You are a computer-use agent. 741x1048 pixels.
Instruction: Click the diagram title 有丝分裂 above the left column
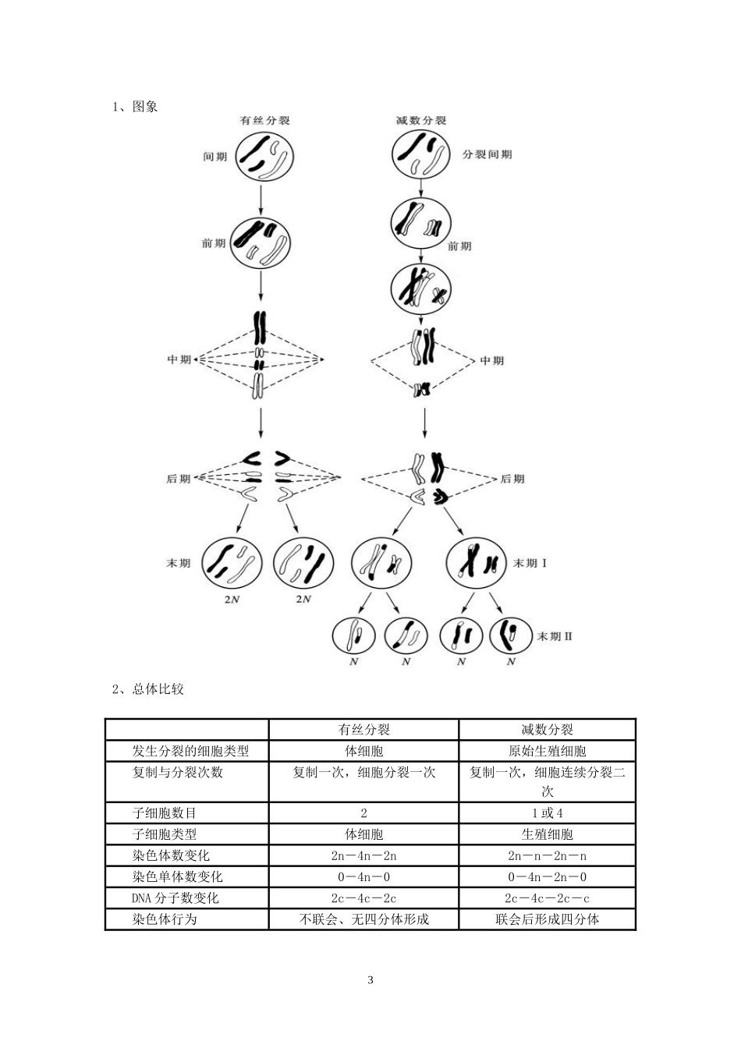(x=265, y=121)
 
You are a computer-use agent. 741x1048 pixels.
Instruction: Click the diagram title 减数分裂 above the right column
(x=421, y=121)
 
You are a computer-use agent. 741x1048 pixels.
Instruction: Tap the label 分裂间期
(x=487, y=154)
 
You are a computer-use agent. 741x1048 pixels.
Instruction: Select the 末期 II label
(x=555, y=636)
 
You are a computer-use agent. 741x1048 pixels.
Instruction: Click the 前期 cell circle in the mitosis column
(x=261, y=243)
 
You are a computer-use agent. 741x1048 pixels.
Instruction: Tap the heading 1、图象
(x=135, y=107)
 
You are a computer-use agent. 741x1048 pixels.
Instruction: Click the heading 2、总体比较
(x=147, y=689)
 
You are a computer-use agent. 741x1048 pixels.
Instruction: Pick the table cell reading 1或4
(x=547, y=813)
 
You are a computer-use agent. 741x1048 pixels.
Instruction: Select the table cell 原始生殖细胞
(x=547, y=751)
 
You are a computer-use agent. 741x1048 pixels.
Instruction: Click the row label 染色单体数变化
(x=177, y=876)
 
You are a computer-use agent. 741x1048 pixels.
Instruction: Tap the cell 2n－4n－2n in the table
(x=363, y=855)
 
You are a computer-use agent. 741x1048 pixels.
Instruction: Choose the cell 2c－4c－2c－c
(x=547, y=898)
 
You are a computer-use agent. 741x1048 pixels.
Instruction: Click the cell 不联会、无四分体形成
(x=363, y=919)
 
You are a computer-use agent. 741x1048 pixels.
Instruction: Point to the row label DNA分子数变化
(x=175, y=898)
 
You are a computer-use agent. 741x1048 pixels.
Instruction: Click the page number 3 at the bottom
(x=370, y=980)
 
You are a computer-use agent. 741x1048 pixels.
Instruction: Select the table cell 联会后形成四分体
(x=547, y=919)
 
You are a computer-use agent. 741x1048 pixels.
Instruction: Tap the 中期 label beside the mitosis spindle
(x=179, y=359)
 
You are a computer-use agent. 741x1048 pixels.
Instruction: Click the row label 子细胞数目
(x=165, y=813)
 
